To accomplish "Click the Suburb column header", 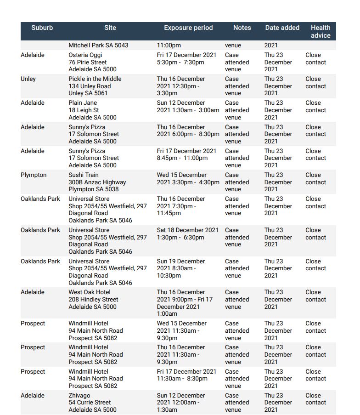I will coord(42,28).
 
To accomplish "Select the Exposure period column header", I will coord(188,28).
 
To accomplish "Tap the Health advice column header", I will coord(320,31).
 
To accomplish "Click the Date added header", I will coord(282,28).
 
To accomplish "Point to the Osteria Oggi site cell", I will coord(92,62).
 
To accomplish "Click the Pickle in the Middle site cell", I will coord(95,86).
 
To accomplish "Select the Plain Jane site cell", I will coord(92,110).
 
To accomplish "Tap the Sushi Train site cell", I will coord(97,182).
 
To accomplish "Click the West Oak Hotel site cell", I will coord(93,299).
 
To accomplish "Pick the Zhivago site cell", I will coord(92,402).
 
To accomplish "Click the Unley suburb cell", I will coord(28,79).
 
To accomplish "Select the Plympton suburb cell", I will coord(34,175).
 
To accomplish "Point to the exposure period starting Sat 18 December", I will coord(187,233).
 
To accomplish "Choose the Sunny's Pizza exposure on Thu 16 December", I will coord(188,131).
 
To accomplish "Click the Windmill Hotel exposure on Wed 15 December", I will coord(181,330).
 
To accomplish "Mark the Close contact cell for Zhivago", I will coord(315,399).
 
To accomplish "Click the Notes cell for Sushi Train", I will coord(237,182).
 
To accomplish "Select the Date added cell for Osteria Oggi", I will coord(278,62).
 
